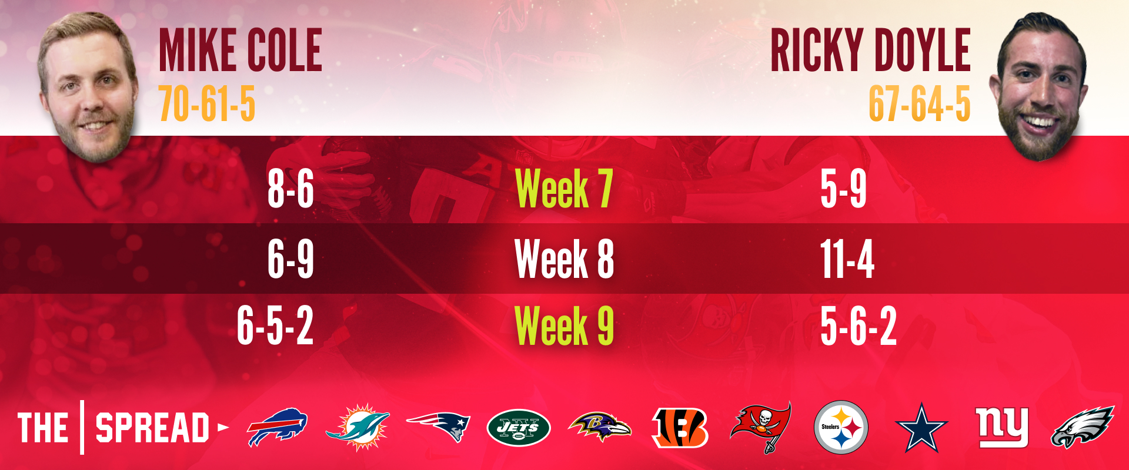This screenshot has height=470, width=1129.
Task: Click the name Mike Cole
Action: point(241,51)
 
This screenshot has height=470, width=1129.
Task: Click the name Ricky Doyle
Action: point(870,51)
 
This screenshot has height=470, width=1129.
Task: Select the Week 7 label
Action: point(564,189)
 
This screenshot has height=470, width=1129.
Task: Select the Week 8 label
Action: point(564,258)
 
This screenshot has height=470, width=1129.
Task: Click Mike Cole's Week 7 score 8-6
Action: point(290,189)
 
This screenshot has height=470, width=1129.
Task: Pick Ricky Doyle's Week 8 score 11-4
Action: point(847,258)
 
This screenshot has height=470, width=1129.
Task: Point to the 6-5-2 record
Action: point(275,325)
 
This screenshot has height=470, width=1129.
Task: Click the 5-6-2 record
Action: point(859,325)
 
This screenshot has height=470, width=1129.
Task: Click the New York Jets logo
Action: point(519,428)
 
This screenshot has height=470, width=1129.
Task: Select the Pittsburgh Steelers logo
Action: point(841,427)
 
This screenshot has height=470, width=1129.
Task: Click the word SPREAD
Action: point(152,428)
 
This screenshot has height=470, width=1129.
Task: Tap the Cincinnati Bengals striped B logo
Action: point(680,427)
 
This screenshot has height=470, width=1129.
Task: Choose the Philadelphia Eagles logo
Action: point(1082,427)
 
